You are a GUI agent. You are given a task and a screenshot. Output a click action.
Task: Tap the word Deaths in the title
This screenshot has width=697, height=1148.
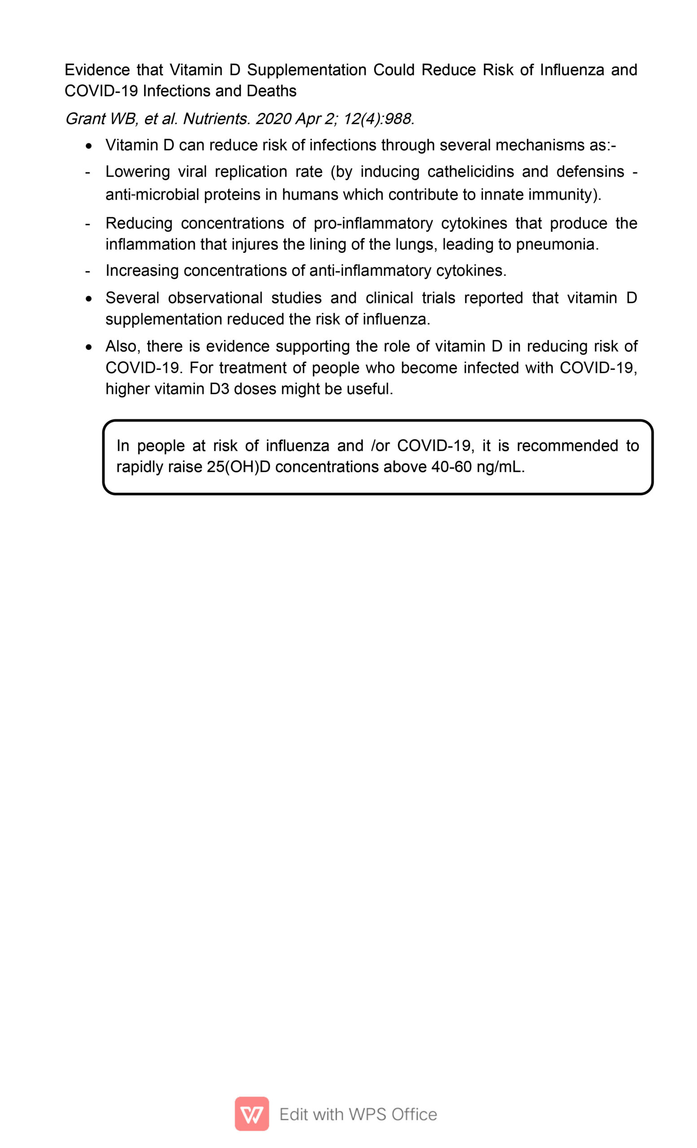pos(271,91)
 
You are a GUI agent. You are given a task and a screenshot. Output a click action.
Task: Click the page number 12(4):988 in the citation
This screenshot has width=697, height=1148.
pos(378,119)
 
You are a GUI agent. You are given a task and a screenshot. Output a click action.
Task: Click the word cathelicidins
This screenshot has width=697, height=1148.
pos(470,171)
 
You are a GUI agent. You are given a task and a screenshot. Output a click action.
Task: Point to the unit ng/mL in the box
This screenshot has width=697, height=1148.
pos(501,467)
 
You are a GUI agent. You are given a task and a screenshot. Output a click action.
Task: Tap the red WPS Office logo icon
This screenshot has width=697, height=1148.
pos(252,1113)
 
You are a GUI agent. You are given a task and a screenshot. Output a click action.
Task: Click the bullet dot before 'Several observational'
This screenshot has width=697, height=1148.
pos(89,299)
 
